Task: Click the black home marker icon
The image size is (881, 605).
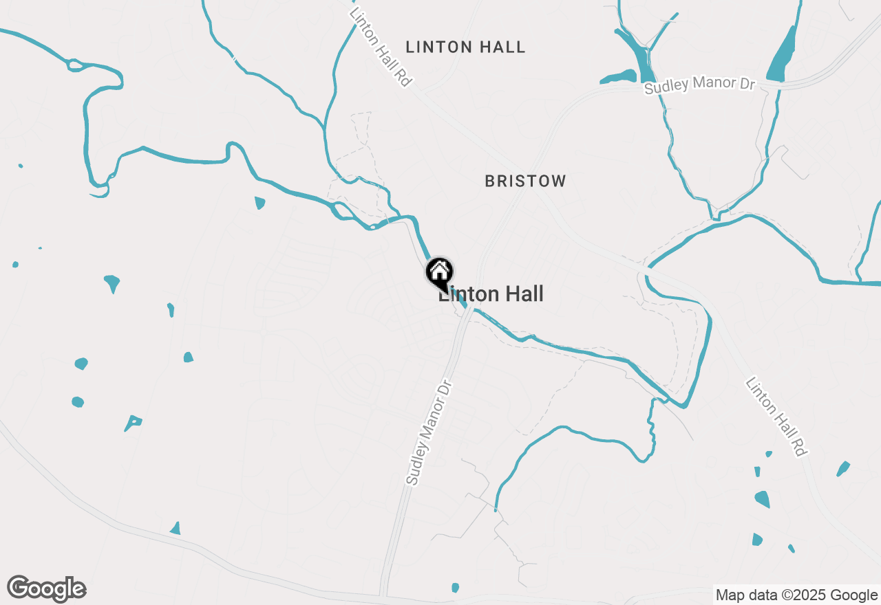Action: click(439, 272)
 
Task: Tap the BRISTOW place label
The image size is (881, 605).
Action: click(525, 181)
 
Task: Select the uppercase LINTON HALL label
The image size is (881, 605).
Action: click(465, 47)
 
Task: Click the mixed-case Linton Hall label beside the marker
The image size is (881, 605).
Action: click(491, 294)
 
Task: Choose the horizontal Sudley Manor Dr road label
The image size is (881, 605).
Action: click(700, 85)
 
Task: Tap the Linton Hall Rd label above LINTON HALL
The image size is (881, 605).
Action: click(380, 47)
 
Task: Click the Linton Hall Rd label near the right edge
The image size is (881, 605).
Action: click(776, 417)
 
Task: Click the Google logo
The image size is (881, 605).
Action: click(46, 589)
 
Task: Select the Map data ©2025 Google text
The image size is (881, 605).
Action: click(796, 595)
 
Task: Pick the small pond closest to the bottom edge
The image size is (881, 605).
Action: click(455, 587)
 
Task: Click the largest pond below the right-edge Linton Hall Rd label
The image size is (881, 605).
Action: click(762, 498)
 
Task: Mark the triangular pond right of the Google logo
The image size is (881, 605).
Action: click(176, 528)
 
